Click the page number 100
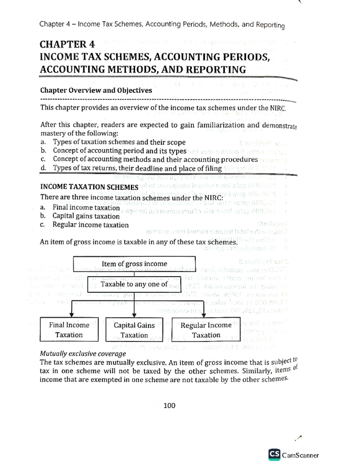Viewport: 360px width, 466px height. [169, 406]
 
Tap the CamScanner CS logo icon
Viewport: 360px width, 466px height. [274, 455]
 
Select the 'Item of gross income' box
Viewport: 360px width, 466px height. [134, 263]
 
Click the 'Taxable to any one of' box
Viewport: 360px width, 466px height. [134, 284]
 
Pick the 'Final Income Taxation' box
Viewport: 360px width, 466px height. [69, 329]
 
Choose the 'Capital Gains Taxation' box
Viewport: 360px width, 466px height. [134, 330]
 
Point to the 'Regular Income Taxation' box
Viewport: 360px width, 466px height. [206, 330]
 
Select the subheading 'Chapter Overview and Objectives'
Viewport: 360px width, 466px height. [96, 90]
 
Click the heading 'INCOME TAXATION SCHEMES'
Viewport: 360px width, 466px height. [89, 187]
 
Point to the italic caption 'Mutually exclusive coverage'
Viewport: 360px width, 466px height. [83, 354]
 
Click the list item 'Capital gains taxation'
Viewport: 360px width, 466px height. [86, 216]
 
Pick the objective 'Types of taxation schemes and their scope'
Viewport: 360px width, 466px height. [119, 142]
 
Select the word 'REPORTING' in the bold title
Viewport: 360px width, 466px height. [216, 70]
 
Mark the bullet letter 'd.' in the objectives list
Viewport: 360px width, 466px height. [43, 168]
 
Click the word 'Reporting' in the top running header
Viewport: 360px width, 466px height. [270, 25]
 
